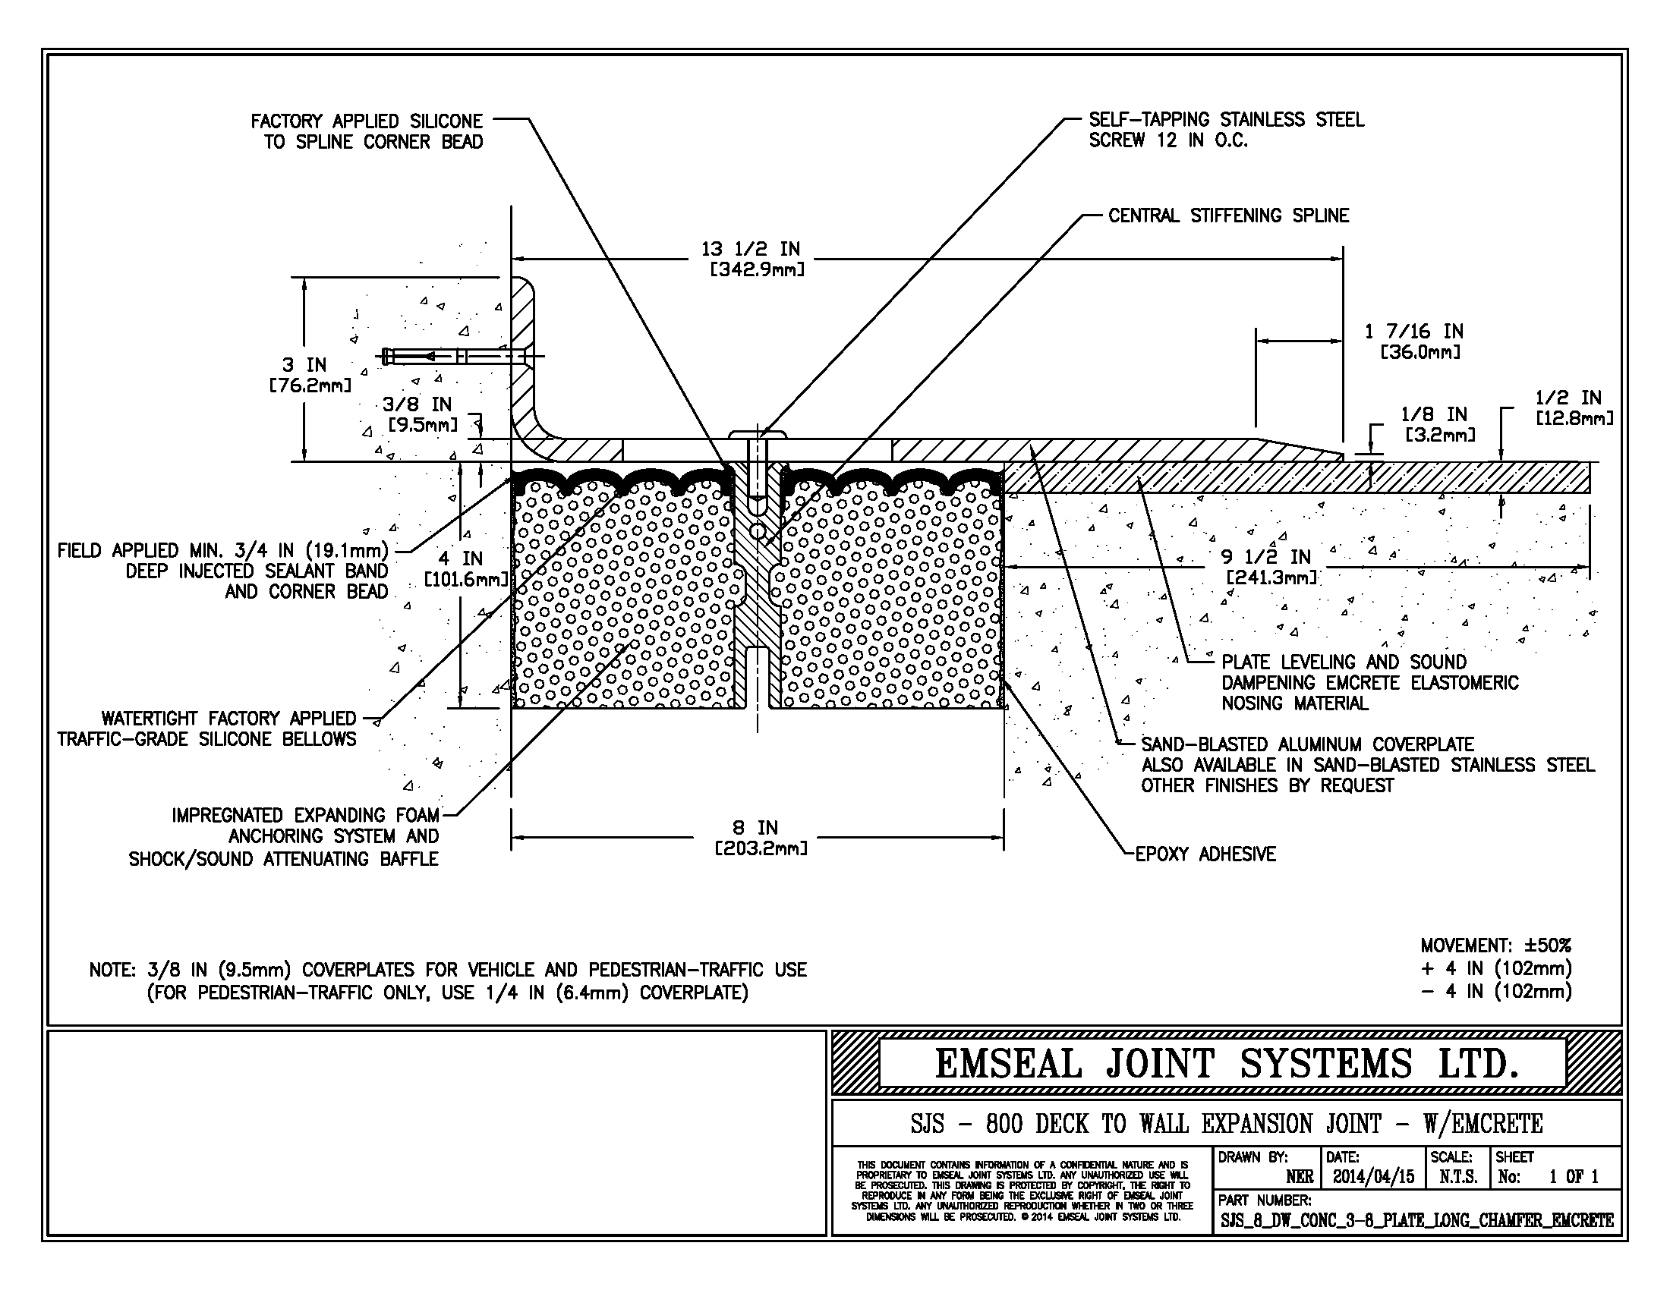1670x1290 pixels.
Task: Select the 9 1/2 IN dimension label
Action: tap(1270, 566)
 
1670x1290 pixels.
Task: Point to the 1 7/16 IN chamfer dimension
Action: tap(1414, 341)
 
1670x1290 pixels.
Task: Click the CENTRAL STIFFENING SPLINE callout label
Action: tap(1228, 216)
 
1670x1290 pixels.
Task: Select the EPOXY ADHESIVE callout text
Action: tap(1205, 854)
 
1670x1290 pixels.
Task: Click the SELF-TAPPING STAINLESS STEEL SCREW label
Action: tap(1226, 130)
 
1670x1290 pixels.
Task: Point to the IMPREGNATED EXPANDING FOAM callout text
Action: tap(305, 836)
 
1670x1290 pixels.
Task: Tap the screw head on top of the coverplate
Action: tap(758, 435)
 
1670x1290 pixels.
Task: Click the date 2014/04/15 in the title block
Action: tap(1373, 1177)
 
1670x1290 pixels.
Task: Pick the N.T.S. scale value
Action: tap(1457, 1177)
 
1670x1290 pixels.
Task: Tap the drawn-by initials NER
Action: tap(1299, 1177)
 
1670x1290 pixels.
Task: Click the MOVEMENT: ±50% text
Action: tap(1495, 945)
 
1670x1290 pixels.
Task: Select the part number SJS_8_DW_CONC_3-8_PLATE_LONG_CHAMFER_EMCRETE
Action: tap(1417, 1220)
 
